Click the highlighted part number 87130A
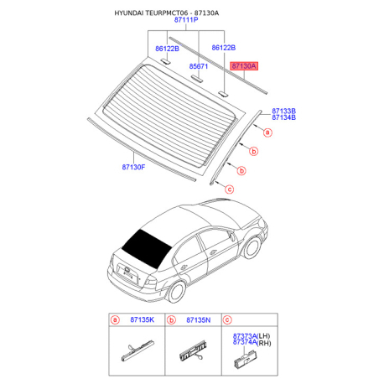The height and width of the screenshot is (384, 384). coord(243,66)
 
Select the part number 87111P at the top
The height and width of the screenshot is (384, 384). coord(186,20)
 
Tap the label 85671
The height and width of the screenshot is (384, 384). coord(199,66)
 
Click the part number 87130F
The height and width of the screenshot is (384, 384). coord(133,167)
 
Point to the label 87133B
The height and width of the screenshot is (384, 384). coord(284,111)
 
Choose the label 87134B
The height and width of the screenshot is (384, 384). coord(284,117)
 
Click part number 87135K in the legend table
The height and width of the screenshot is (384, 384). coord(142,319)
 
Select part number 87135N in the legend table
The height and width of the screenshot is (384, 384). coord(199,319)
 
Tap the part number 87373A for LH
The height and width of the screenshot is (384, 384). coord(245,335)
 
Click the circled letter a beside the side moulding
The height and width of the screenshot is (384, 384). coord(267,132)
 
